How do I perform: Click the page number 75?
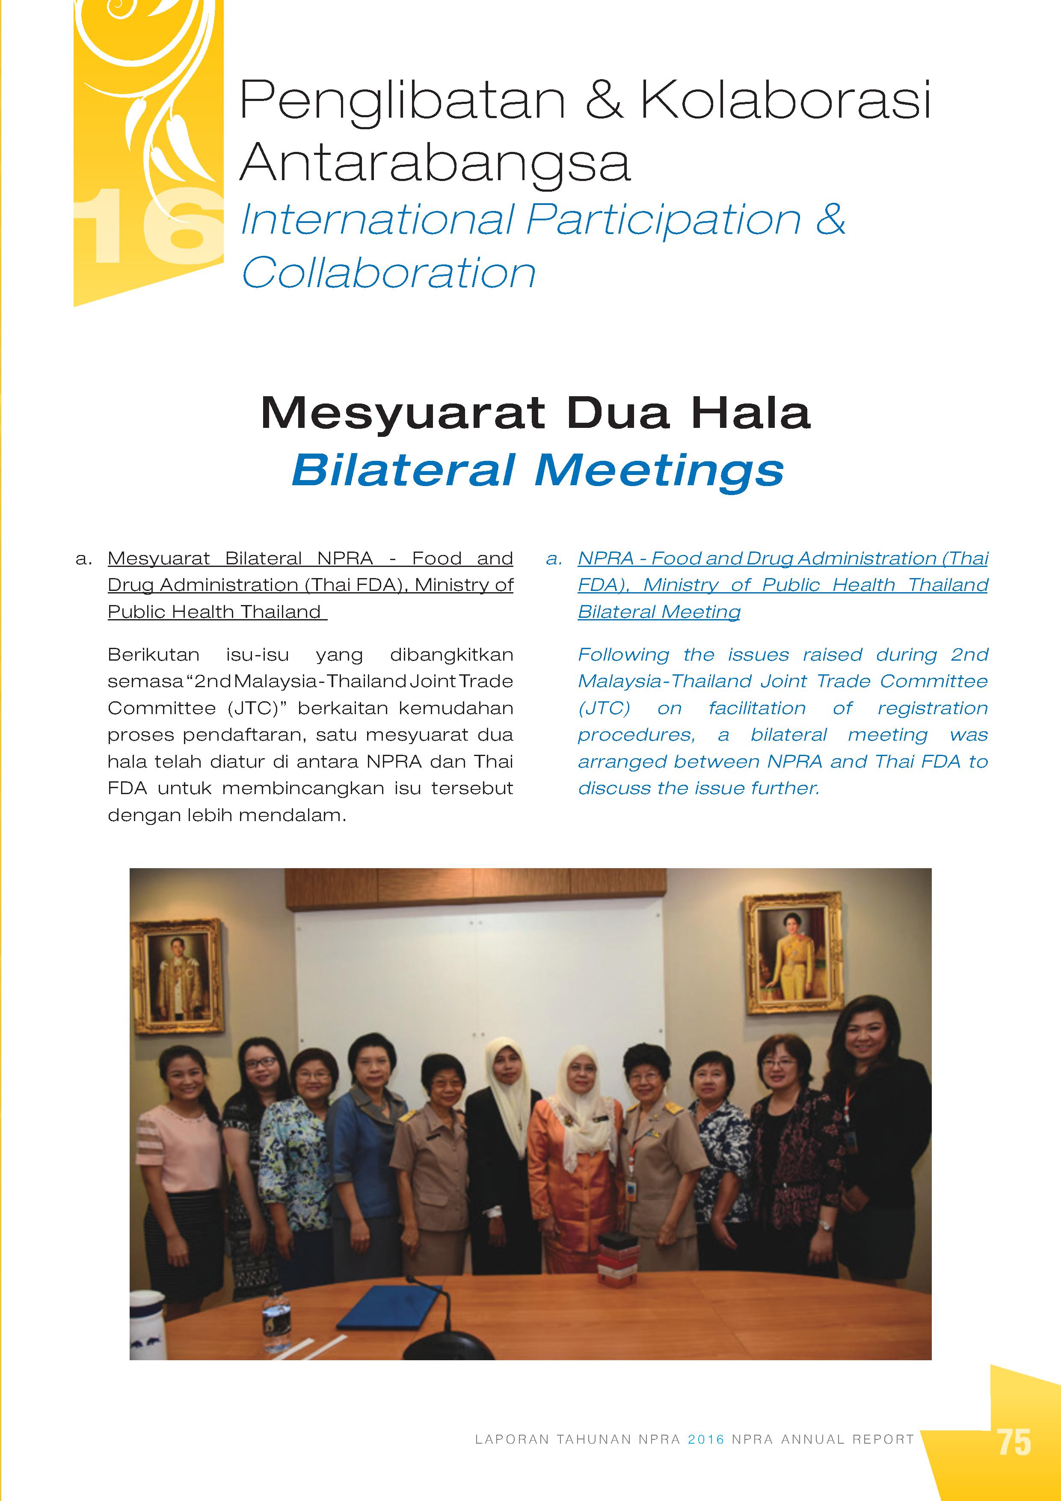1014,1442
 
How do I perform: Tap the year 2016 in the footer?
706,1439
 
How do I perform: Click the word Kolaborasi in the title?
785,100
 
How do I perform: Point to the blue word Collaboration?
389,273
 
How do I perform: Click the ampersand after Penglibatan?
603,100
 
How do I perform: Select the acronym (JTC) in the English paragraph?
604,708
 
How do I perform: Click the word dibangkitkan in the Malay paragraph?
451,654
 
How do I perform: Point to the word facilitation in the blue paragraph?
757,708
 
